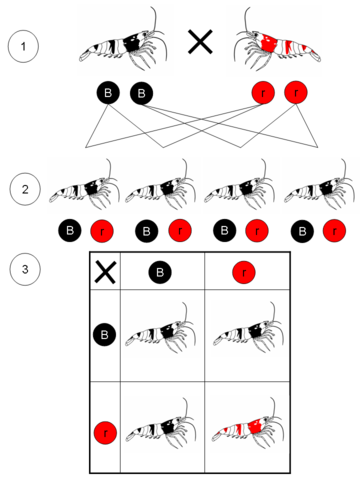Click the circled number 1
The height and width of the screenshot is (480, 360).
pyautogui.click(x=23, y=46)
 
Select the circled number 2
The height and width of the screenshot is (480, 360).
pyautogui.click(x=25, y=189)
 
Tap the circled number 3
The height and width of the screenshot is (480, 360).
pyautogui.click(x=25, y=269)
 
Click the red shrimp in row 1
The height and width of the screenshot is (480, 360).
pyautogui.click(x=277, y=43)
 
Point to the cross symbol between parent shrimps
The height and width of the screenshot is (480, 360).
pyautogui.click(x=200, y=41)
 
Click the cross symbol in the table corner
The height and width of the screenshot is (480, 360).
pyautogui.click(x=105, y=272)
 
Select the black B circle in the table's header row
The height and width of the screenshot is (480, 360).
pyautogui.click(x=160, y=272)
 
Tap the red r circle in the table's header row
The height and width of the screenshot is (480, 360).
pyautogui.click(x=244, y=272)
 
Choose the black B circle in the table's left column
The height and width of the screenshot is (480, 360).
pyautogui.click(x=105, y=334)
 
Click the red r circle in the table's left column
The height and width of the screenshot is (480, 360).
pyautogui.click(x=105, y=433)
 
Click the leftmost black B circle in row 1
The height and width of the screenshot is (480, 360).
pyautogui.click(x=108, y=93)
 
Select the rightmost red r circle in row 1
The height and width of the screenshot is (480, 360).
pyautogui.click(x=296, y=92)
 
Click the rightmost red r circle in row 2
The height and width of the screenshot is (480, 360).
pyautogui.click(x=334, y=231)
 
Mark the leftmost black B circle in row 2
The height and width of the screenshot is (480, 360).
pyautogui.click(x=70, y=231)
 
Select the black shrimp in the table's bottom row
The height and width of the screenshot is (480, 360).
pyautogui.click(x=161, y=424)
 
